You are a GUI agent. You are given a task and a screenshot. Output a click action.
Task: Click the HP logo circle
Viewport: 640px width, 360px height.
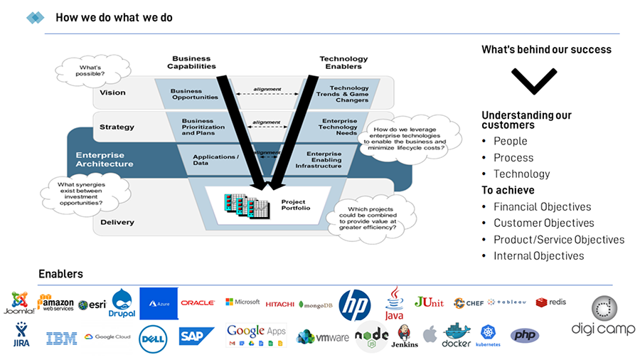tap(355, 304)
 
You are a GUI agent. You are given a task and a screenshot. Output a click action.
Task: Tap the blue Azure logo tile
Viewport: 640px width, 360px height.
tap(159, 303)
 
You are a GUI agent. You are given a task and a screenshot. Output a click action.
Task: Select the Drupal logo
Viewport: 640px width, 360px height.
tap(122, 303)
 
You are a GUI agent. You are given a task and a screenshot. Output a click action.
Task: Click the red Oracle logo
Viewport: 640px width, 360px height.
tap(198, 303)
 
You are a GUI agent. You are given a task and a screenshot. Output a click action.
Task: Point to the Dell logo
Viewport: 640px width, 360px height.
tap(152, 337)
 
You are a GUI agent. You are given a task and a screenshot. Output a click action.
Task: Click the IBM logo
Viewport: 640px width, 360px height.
tap(62, 338)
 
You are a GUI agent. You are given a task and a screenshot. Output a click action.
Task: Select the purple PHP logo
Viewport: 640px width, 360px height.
tap(525, 335)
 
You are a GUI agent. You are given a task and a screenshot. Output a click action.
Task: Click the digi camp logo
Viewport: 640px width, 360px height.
tap(603, 317)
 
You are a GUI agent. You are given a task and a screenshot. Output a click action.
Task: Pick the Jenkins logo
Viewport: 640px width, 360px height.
tap(404, 336)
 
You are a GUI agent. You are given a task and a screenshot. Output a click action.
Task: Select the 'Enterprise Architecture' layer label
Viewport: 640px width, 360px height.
tap(105, 159)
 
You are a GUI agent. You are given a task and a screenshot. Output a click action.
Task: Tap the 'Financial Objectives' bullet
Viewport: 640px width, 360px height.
tap(542, 207)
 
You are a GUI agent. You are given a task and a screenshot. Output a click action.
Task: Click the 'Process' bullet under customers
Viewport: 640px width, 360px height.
tap(513, 158)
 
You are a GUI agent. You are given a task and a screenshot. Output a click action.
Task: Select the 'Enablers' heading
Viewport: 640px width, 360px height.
tap(60, 274)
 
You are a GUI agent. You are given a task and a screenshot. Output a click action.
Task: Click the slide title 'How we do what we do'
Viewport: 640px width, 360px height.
tap(114, 17)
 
